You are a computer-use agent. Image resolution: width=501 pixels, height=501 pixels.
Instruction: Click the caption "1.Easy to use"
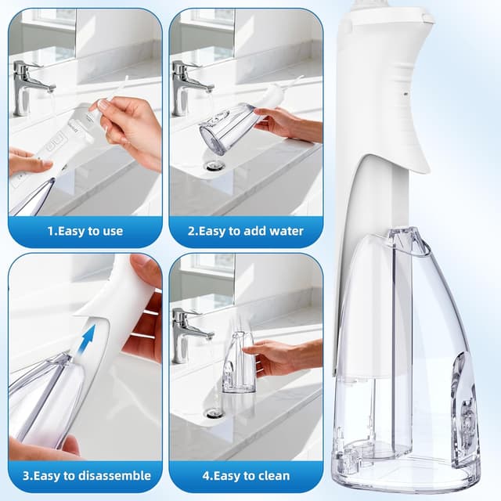click(85, 232)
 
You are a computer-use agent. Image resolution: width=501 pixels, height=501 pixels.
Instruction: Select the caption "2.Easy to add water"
click(246, 232)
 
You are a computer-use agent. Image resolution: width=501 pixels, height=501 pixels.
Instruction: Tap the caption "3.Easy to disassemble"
click(85, 476)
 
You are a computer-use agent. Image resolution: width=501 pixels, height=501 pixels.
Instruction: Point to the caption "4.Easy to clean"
click(246, 476)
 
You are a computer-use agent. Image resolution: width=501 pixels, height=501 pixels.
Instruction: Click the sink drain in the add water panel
click(213, 165)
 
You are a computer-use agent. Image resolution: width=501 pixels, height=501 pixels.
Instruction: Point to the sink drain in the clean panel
click(213, 412)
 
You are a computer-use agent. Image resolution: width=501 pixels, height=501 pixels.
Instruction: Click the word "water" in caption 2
click(284, 232)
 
